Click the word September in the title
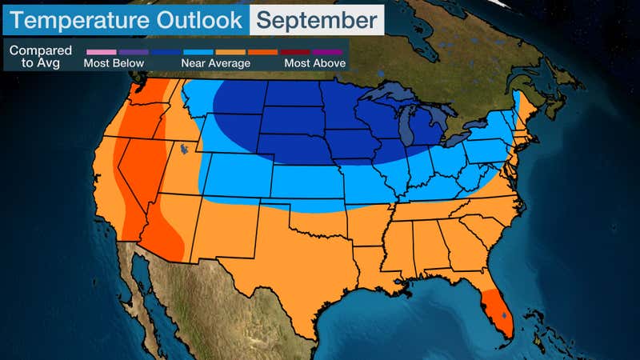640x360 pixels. pos(316,18)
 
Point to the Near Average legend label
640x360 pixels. pos(212,62)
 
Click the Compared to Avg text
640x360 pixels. pos(40,56)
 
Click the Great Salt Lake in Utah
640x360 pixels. pos(185,149)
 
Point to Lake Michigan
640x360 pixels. pos(407,128)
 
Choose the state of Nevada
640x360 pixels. pos(140,172)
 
